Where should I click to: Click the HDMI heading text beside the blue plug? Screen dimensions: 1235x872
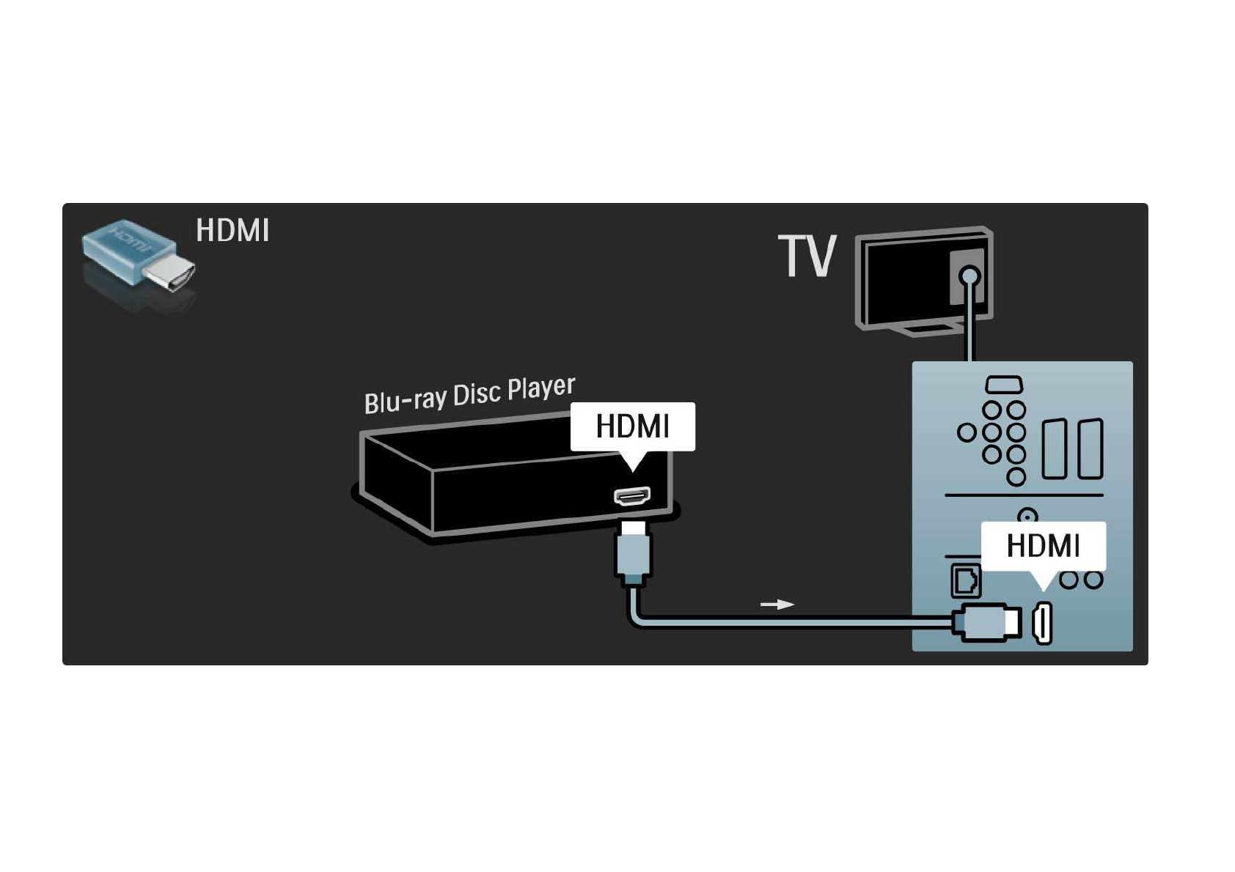coord(232,230)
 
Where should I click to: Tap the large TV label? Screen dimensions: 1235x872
coord(807,256)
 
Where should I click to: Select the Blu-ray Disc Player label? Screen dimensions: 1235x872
coord(469,394)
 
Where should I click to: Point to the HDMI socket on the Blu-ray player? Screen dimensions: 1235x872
coord(632,496)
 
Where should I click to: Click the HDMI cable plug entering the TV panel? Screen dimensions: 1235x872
coord(987,622)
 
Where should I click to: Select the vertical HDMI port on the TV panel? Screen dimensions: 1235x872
coord(1043,623)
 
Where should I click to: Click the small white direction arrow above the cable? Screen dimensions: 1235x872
coord(777,605)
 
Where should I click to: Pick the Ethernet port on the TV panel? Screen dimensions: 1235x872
coord(966,581)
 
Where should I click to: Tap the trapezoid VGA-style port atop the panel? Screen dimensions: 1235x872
coord(1004,384)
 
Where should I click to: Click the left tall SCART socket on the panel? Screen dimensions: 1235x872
coord(1054,448)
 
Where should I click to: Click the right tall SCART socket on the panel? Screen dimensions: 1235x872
coord(1090,448)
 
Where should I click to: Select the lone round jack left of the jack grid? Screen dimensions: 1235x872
coord(967,432)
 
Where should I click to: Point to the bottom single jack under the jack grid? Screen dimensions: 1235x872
coord(1016,476)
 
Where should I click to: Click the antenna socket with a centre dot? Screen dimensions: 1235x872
coord(1027,517)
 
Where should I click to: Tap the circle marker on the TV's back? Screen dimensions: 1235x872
coord(969,275)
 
